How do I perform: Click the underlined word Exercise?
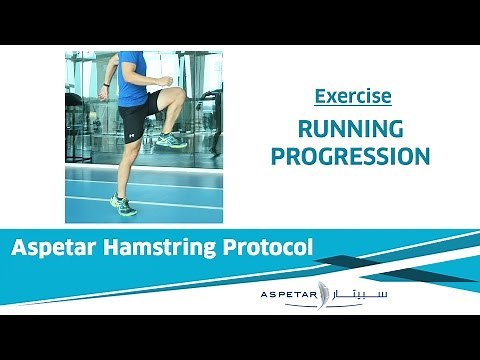[352, 97]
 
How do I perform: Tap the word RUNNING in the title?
[352, 129]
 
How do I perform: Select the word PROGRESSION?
[352, 156]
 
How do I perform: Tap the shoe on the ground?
[122, 205]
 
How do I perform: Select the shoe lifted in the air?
[170, 139]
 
